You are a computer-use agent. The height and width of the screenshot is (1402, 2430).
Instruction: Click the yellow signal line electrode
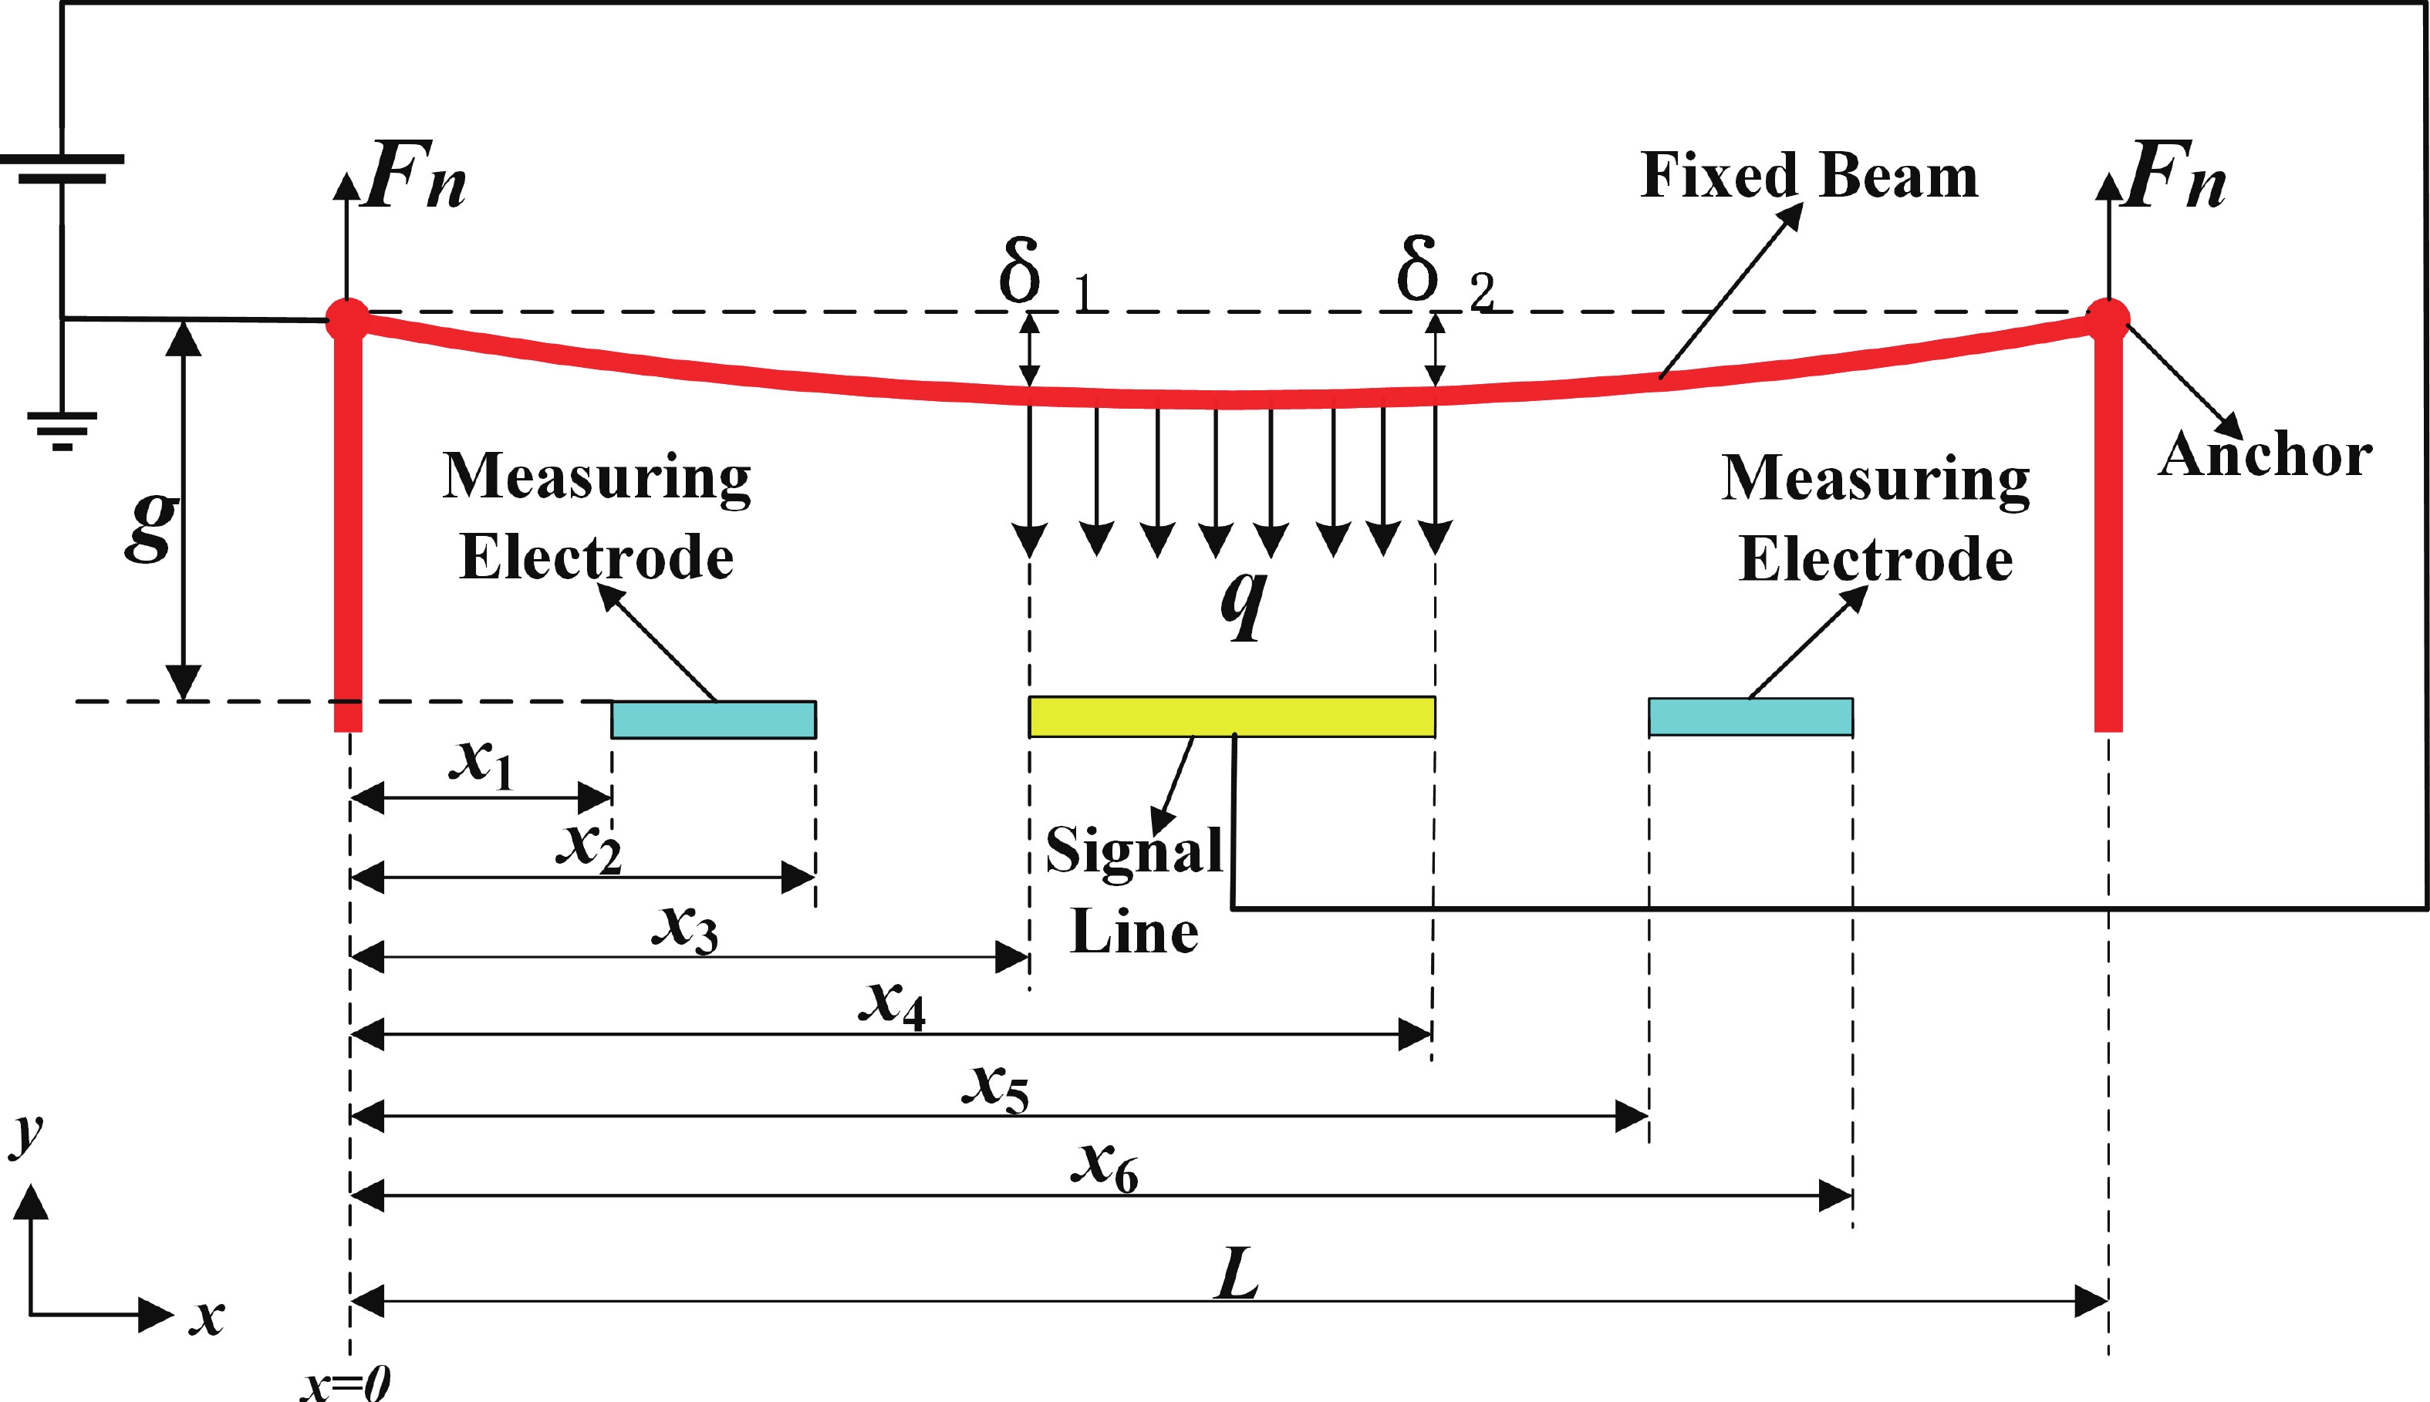1231,716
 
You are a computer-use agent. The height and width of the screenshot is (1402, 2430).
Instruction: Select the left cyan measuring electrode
713,720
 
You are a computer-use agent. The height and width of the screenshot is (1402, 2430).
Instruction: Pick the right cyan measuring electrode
1750,716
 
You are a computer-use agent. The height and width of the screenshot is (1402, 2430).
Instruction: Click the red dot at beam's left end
346,318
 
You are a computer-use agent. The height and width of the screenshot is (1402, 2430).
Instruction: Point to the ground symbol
62,430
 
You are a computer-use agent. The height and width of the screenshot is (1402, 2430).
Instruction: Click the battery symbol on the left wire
62,169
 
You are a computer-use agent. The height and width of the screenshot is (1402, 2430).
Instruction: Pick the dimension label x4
891,1003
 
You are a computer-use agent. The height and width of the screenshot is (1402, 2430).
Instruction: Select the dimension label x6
1104,1166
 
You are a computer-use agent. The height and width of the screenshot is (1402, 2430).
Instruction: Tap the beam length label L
1237,1273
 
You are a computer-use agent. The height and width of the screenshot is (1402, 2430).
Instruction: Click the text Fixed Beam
1809,176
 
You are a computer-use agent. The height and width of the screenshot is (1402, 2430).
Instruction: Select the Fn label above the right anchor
2175,176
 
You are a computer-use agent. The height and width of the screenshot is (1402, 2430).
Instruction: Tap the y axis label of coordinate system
27,1134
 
